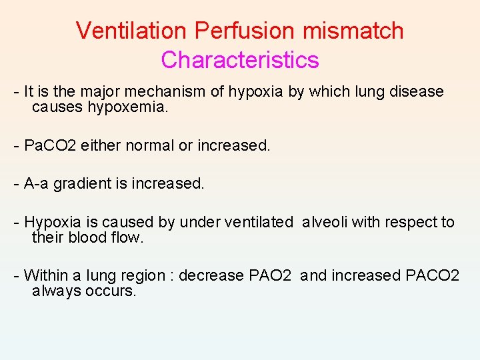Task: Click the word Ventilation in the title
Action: coord(133,31)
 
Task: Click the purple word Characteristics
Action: coord(240,60)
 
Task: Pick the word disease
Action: coord(417,92)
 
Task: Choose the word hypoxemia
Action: coord(127,107)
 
